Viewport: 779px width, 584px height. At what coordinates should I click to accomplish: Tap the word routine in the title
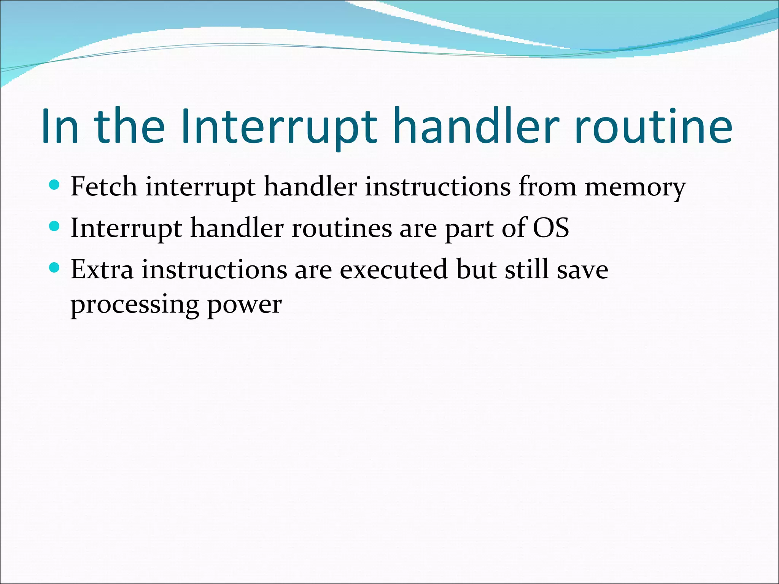[653, 126]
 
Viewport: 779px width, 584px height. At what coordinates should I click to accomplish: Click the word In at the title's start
[60, 126]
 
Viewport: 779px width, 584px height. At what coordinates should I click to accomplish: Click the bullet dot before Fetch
[55, 185]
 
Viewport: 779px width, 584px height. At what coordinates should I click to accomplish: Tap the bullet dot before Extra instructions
[55, 268]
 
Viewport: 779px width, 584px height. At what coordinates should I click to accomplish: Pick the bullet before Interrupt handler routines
[55, 227]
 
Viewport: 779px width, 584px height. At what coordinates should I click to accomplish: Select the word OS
[550, 228]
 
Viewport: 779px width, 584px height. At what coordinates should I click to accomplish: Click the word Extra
[102, 269]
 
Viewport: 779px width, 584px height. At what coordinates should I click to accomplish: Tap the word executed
[393, 269]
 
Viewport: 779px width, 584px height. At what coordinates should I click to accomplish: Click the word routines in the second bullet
[342, 228]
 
